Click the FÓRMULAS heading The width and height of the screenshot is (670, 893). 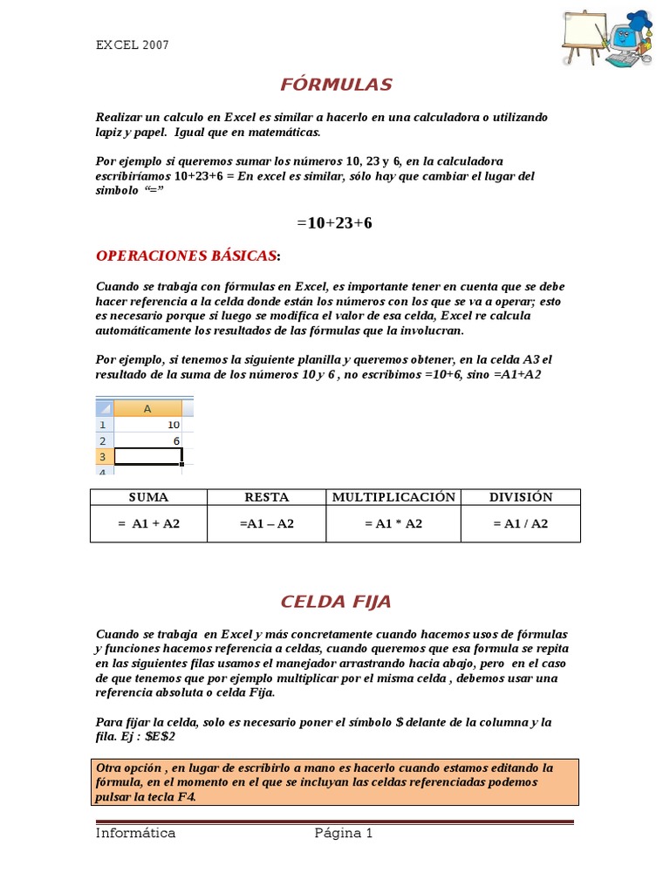pos(336,85)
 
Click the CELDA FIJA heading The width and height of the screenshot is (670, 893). pos(336,602)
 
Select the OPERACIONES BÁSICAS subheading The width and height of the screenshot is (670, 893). pos(187,256)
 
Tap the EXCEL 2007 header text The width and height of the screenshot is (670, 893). pos(133,45)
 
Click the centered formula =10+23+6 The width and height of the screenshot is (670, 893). pos(334,223)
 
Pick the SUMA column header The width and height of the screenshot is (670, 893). pos(148,497)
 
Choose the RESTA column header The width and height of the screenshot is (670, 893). pos(266,497)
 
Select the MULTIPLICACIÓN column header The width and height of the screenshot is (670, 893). pos(393,497)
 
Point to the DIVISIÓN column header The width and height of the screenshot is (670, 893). pos(521,497)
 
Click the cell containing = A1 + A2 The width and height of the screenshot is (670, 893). pos(148,524)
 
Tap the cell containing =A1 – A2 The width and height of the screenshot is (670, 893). pos(266,524)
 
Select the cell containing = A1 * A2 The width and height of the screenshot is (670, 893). pos(393,524)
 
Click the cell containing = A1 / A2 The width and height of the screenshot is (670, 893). pos(521,524)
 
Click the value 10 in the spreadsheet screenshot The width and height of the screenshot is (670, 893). pos(174,425)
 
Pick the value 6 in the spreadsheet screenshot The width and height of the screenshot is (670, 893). pos(176,441)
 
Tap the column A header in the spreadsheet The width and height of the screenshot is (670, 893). pos(147,408)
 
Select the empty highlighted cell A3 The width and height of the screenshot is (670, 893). pos(147,457)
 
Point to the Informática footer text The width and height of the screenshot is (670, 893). pos(135,833)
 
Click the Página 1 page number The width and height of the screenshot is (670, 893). pos(344,833)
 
